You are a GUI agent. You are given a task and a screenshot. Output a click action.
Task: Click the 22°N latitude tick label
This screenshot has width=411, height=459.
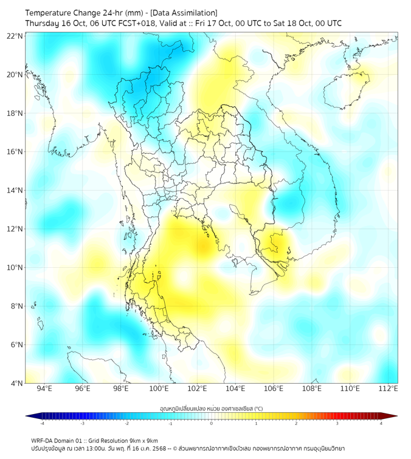tap(15, 36)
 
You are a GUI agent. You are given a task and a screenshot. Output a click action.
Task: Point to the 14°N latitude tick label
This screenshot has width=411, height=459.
tap(15, 191)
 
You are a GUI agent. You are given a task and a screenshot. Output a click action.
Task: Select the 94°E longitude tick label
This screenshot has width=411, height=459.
tap(44, 389)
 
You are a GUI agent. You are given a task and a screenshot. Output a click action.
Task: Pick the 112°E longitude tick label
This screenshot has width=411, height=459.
tap(388, 389)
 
